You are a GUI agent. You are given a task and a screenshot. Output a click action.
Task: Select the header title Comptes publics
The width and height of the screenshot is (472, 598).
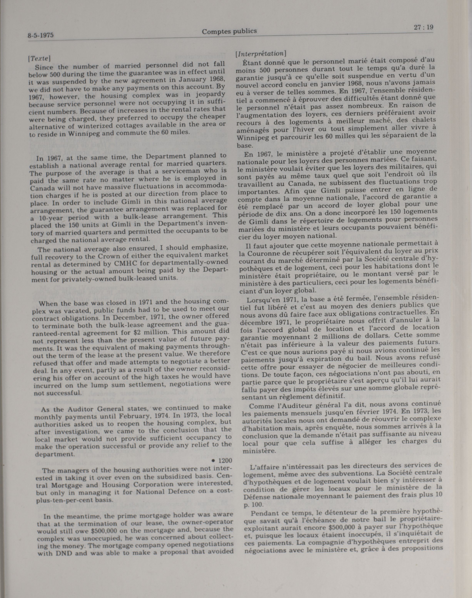pyautogui.click(x=229, y=31)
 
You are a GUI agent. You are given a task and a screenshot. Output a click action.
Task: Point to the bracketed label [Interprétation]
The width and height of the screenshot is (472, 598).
pyautogui.click(x=260, y=53)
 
